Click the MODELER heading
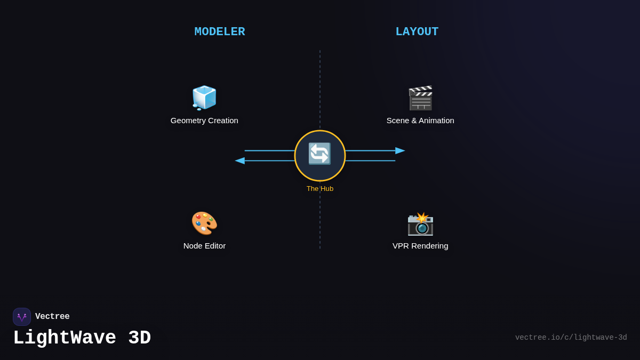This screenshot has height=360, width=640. point(220,32)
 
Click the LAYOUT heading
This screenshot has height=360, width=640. point(417,32)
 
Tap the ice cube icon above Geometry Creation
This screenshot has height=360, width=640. point(204,98)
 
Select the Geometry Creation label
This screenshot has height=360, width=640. point(204,121)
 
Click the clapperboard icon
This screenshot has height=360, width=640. point(420,98)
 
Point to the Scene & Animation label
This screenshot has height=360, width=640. point(420,121)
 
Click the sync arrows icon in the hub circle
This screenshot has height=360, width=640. point(320,154)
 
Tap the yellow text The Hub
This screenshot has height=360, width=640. point(320,189)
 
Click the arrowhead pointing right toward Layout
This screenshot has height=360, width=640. point(400,150)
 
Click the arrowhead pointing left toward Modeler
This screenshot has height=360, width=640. point(240,161)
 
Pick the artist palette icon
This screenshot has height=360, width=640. point(204,223)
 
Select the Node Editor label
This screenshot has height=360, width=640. point(204,246)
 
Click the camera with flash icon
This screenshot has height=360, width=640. point(420,223)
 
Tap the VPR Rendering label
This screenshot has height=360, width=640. point(420,246)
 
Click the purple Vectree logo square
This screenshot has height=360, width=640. point(22,317)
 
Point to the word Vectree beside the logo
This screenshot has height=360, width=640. point(52,317)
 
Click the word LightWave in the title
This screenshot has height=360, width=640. point(65,338)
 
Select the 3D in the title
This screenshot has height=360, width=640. point(139,338)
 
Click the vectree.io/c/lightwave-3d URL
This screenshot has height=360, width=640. point(571,338)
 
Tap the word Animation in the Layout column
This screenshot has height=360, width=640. point(435,121)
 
